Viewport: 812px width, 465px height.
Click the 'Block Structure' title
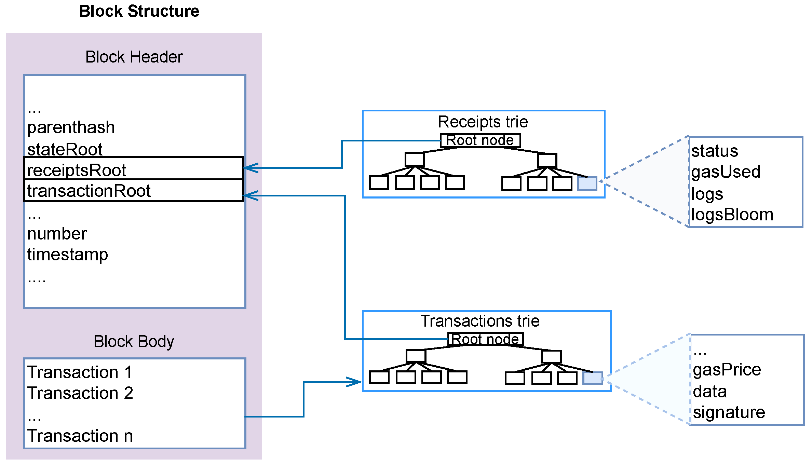click(139, 11)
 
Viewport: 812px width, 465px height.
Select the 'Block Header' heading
click(134, 57)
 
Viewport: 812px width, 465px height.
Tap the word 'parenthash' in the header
click(71, 128)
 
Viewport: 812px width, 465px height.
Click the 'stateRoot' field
click(65, 150)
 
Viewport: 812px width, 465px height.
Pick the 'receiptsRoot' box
click(133, 168)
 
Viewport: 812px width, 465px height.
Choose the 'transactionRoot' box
click(133, 191)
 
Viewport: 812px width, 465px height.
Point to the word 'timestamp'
click(67, 255)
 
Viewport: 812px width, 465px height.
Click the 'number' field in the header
click(57, 234)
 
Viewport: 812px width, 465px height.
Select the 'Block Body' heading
click(134, 341)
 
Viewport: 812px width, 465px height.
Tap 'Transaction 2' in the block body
click(80, 393)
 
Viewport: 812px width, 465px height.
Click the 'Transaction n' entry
click(80, 436)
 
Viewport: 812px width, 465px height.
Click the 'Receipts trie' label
click(483, 122)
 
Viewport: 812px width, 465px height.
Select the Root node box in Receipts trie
click(480, 140)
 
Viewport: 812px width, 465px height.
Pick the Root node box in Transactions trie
click(485, 339)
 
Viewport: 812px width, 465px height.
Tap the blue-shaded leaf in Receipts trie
click(587, 183)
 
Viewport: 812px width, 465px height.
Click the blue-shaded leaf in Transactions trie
click(592, 378)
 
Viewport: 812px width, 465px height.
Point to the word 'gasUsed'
click(726, 172)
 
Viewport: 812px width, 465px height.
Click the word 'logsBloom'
click(732, 215)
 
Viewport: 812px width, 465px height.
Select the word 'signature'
click(729, 412)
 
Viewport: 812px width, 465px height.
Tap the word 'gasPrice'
click(727, 370)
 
